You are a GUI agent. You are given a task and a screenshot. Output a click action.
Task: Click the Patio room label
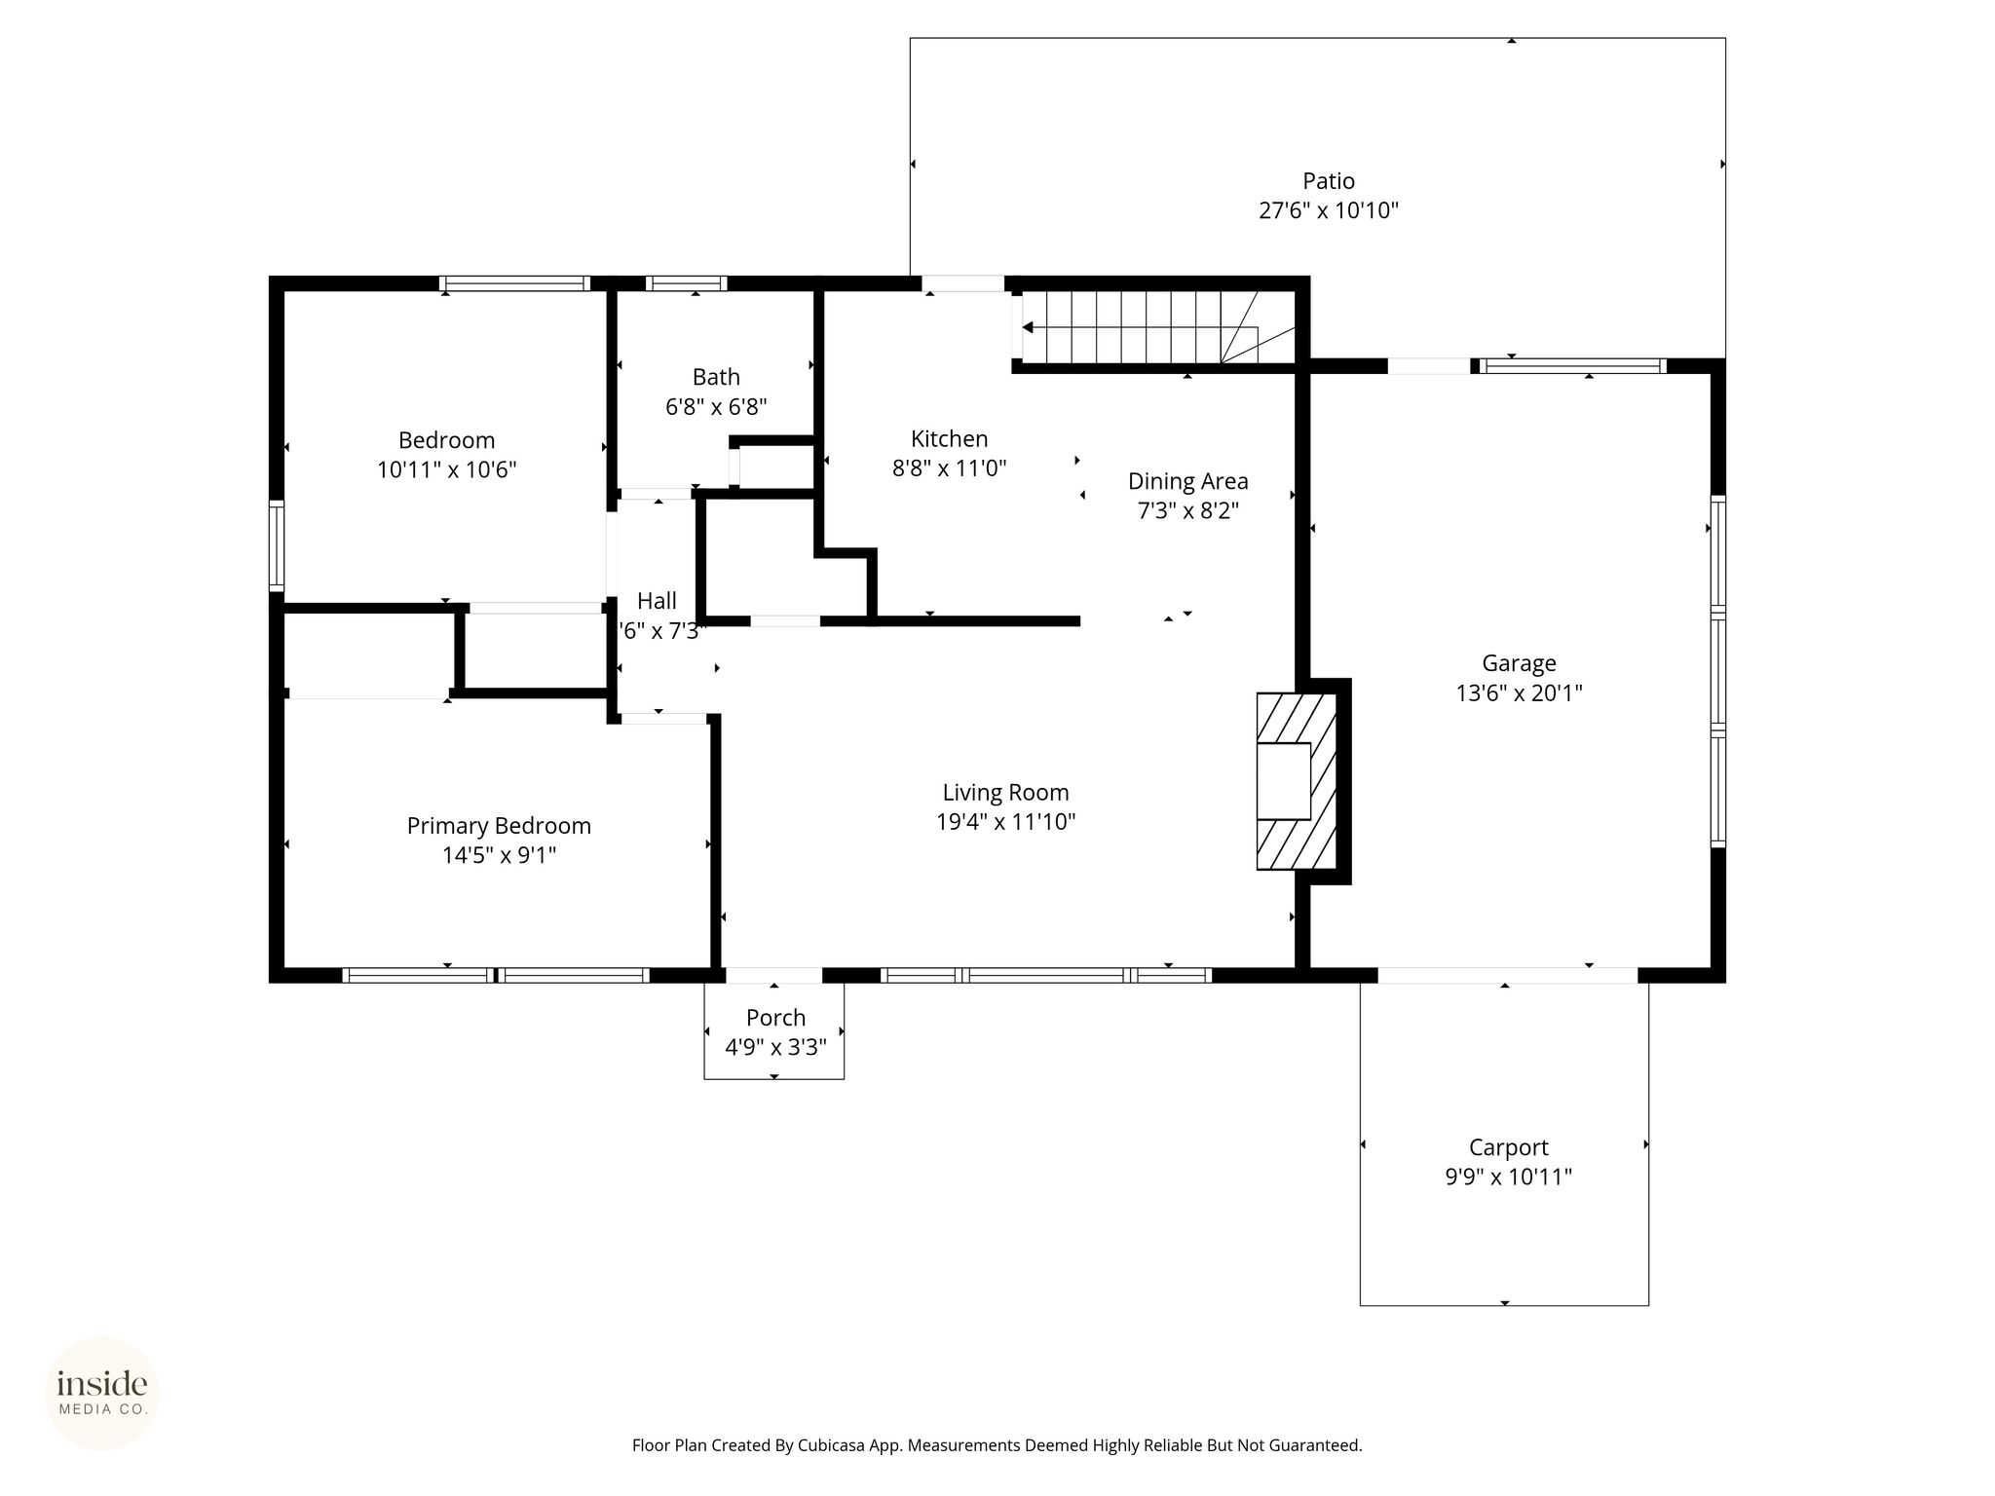pyautogui.click(x=1329, y=181)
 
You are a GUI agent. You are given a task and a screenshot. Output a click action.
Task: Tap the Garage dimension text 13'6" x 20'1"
pyautogui.click(x=1519, y=693)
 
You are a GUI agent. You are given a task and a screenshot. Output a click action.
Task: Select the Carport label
pyautogui.click(x=1508, y=1148)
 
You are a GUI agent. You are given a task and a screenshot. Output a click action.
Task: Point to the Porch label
pyautogui.click(x=775, y=1018)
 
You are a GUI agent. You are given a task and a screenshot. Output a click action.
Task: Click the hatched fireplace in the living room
pyautogui.click(x=1296, y=781)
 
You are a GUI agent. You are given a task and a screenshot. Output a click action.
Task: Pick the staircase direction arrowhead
pyautogui.click(x=1028, y=328)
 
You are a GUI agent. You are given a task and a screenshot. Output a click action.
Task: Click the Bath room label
pyautogui.click(x=716, y=377)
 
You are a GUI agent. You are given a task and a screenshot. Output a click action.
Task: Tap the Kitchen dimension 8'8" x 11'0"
pyautogui.click(x=950, y=468)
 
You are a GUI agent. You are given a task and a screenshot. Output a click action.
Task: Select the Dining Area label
pyautogui.click(x=1187, y=481)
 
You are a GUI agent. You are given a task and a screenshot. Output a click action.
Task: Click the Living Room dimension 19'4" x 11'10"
pyautogui.click(x=1005, y=822)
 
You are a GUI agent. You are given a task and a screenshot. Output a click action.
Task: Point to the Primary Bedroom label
pyautogui.click(x=499, y=826)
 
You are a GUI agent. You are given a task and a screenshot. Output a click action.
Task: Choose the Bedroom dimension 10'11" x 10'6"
pyautogui.click(x=446, y=470)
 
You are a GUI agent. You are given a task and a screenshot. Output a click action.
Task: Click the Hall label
pyautogui.click(x=657, y=601)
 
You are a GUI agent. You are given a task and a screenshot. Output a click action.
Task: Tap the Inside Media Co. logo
pyautogui.click(x=102, y=1393)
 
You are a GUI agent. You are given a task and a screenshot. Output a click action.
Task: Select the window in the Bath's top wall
pyautogui.click(x=686, y=284)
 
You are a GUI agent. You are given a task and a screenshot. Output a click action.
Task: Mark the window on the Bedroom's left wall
pyautogui.click(x=277, y=545)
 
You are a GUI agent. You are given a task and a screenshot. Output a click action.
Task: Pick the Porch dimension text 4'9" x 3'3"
pyautogui.click(x=775, y=1048)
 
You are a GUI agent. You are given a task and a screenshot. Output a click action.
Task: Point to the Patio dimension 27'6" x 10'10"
pyautogui.click(x=1329, y=211)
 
